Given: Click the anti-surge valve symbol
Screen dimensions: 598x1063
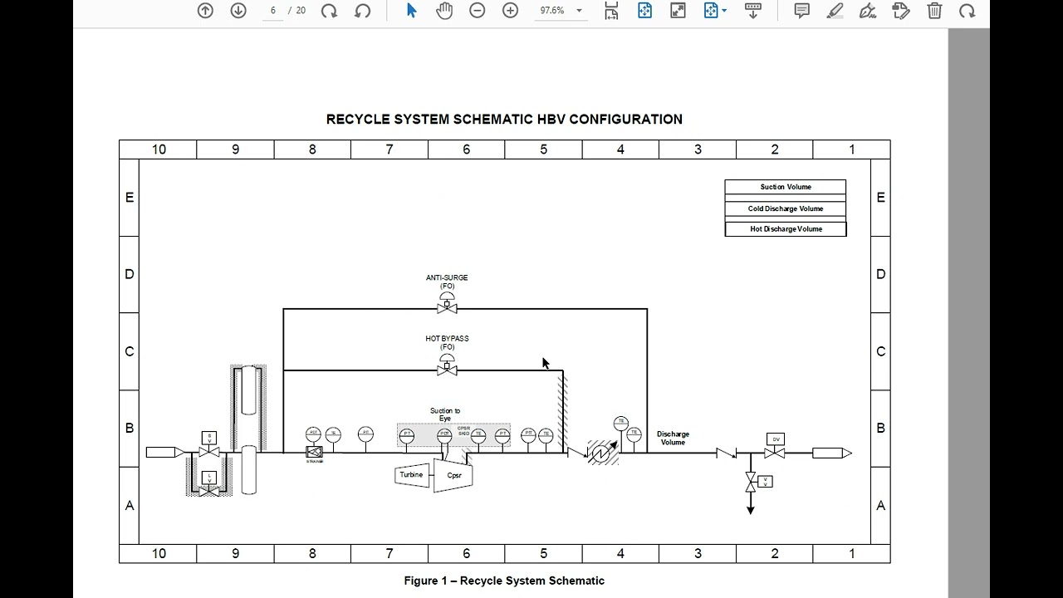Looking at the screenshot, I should point(447,307).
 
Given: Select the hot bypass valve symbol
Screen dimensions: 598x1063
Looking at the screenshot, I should point(447,369).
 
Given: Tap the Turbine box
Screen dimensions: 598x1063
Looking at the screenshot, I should point(412,475).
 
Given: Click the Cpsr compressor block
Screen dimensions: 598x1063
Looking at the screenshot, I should point(453,476).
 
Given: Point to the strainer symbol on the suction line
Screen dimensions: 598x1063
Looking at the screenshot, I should point(314,453).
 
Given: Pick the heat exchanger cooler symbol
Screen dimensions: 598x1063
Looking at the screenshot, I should point(603,453).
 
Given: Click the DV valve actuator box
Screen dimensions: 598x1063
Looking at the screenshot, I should point(776,439).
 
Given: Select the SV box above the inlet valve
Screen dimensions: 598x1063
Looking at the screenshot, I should point(209,437).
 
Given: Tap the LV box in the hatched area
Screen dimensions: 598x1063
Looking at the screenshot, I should point(209,478).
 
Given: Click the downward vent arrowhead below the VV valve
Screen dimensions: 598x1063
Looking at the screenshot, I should point(751,509).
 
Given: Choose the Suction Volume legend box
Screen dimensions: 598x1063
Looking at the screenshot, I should point(785,188).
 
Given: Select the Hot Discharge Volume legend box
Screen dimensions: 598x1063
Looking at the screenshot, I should point(785,229).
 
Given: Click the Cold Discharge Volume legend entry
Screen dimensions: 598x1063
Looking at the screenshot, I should point(785,208).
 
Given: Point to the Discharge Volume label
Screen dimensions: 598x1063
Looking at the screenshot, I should point(673,438).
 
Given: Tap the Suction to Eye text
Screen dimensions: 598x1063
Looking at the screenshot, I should point(445,414).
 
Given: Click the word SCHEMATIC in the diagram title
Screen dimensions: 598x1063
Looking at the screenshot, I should point(492,120).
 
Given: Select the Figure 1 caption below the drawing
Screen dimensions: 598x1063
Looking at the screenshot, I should point(504,581).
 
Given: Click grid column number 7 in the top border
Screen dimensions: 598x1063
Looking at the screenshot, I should point(389,149).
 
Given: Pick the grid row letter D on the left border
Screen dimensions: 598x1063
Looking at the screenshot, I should point(130,274).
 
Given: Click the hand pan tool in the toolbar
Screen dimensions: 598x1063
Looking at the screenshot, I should point(444,11).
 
